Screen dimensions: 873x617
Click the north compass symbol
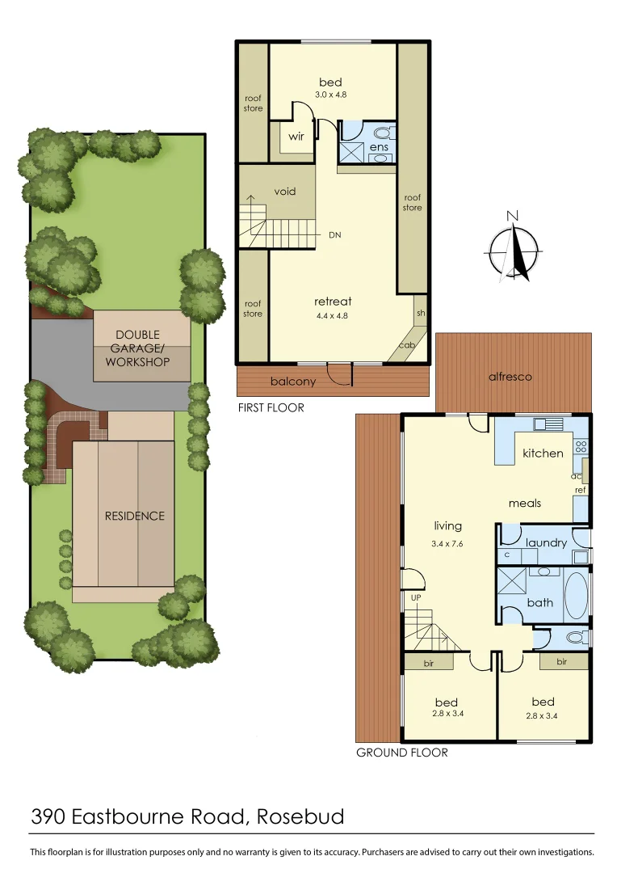coord(514,248)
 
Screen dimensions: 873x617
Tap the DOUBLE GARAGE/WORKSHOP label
coord(137,348)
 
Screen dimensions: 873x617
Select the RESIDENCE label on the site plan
coord(134,516)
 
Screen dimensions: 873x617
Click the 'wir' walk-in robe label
coord(296,137)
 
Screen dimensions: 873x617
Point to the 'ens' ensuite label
coord(379,147)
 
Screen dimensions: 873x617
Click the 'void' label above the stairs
coord(285,192)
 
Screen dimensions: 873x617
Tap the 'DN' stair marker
coord(335,235)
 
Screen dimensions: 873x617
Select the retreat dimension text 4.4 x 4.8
coord(333,316)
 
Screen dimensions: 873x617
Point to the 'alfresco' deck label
coord(510,377)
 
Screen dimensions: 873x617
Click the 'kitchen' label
coord(543,453)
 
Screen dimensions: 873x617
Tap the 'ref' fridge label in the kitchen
coord(580,490)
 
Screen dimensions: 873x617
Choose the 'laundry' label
coord(546,543)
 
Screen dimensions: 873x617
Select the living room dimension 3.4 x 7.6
coord(447,543)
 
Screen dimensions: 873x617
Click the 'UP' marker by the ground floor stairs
coord(417,598)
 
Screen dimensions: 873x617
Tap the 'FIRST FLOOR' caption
coord(271,407)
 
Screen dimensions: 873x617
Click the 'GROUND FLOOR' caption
coord(401,753)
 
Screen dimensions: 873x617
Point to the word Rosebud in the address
coord(300,816)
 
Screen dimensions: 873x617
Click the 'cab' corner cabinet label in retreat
coord(407,345)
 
